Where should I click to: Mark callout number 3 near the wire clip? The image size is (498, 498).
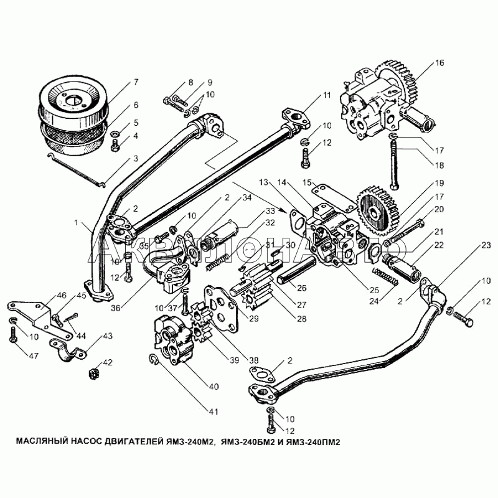click(x=136, y=159)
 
